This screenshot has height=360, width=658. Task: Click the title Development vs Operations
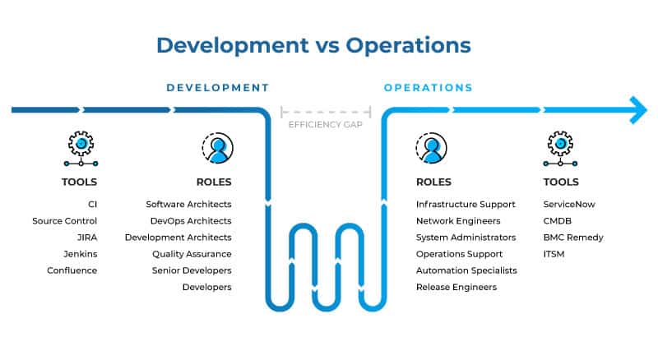click(x=313, y=44)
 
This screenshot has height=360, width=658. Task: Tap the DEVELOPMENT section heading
click(x=217, y=87)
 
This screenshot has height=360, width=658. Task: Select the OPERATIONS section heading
click(x=428, y=87)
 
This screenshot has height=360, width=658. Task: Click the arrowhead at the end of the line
click(x=638, y=109)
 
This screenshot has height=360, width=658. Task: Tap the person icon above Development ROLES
click(x=217, y=148)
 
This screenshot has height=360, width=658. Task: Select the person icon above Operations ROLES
click(x=432, y=148)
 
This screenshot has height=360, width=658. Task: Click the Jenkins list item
click(x=81, y=254)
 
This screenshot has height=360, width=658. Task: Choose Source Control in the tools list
click(x=65, y=221)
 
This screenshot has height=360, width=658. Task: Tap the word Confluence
click(x=72, y=270)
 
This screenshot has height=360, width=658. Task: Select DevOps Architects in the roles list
click(x=191, y=221)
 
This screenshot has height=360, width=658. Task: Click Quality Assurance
click(x=192, y=254)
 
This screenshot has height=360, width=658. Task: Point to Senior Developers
click(x=192, y=270)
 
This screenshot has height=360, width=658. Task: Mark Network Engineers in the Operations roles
click(x=458, y=221)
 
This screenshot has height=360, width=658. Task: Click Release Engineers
click(x=456, y=287)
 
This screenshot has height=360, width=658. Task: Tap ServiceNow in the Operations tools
click(x=569, y=204)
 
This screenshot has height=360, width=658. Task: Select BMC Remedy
click(x=573, y=238)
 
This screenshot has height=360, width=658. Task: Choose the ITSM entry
click(x=554, y=254)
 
